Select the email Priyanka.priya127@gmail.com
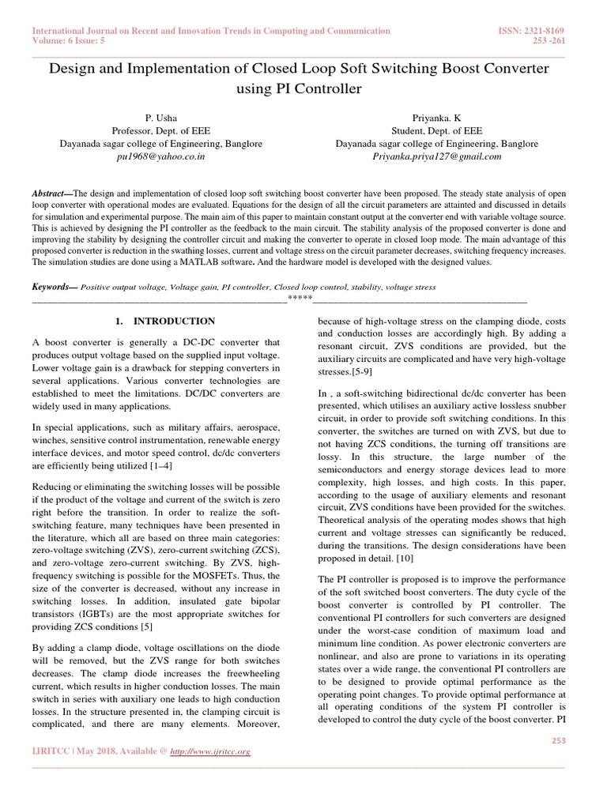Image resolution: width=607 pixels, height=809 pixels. point(437,156)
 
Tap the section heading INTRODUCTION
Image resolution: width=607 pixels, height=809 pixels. point(174,322)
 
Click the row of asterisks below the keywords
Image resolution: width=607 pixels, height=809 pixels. point(300,297)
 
